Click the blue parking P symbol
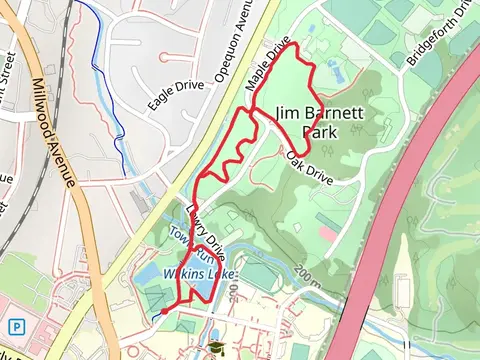17,326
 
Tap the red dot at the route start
164,313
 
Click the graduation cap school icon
213,348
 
